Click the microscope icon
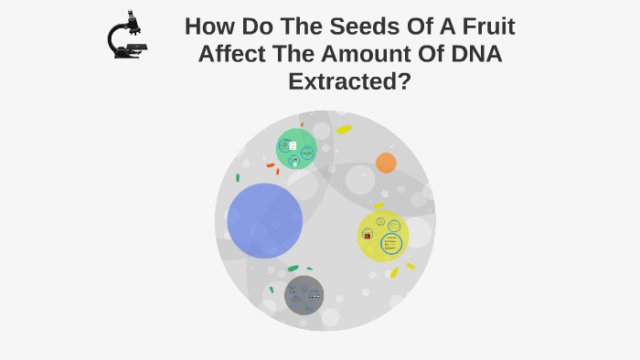coord(127,37)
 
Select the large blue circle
coord(264,220)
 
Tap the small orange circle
coord(386,163)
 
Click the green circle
coord(296,149)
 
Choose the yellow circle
coord(382,236)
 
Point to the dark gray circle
coord(304,295)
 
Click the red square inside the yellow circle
coord(368,236)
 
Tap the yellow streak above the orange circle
coord(344,130)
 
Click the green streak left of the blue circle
coord(238,177)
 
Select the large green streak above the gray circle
coord(293,269)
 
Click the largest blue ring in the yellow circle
coord(391,244)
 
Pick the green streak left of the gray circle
coord(272,290)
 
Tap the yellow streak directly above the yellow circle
coord(379,206)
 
